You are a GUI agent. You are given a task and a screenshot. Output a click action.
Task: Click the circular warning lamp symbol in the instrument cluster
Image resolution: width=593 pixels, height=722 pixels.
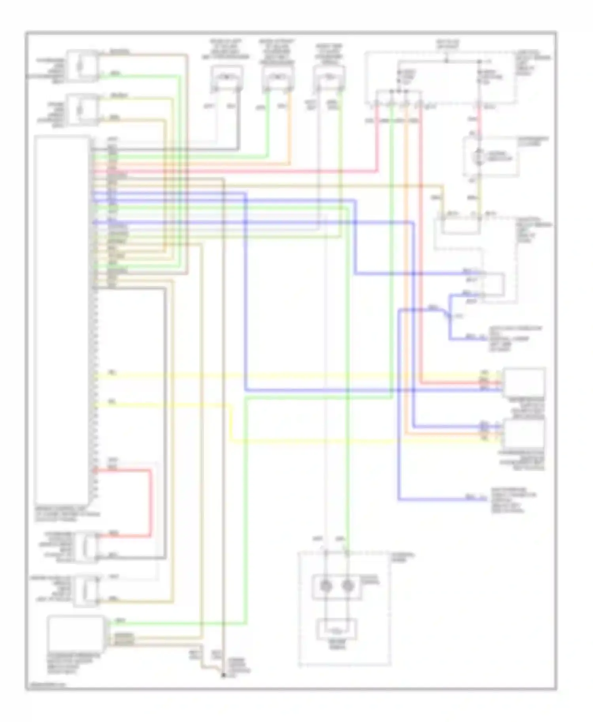coord(480,157)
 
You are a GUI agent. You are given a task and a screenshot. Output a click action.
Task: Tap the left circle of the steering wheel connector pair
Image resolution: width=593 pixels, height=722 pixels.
coord(326,586)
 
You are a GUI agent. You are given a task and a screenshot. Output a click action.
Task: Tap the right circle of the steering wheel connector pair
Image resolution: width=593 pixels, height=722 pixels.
coord(347,586)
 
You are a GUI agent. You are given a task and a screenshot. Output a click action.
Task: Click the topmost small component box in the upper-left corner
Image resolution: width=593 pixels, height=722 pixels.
coord(83,66)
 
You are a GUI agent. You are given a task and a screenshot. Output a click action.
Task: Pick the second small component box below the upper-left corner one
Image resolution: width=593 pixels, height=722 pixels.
coord(83,110)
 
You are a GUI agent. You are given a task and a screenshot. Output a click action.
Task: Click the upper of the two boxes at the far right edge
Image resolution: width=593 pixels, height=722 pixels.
coord(523,382)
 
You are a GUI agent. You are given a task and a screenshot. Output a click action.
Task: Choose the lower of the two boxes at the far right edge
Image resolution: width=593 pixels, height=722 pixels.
coord(523,434)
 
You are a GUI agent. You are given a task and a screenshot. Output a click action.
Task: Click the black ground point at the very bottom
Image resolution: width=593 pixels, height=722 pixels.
coord(223,675)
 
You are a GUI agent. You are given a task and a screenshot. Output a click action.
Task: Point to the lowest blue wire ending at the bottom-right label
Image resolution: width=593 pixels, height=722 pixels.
coord(435,500)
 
